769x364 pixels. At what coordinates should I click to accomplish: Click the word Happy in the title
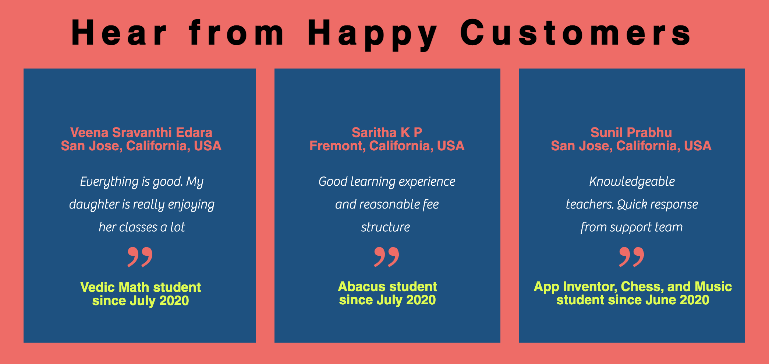(372, 34)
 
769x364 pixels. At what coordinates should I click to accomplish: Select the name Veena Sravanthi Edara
(141, 132)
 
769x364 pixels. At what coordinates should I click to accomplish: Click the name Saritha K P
(387, 132)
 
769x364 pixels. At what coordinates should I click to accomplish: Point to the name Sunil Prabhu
(631, 132)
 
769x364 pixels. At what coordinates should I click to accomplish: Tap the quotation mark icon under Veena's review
(140, 257)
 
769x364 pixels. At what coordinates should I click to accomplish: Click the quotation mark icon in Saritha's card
(386, 257)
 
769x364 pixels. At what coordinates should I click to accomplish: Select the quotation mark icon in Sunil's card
(631, 257)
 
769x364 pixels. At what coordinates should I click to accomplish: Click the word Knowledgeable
(632, 182)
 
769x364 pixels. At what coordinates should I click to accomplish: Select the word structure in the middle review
(385, 227)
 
